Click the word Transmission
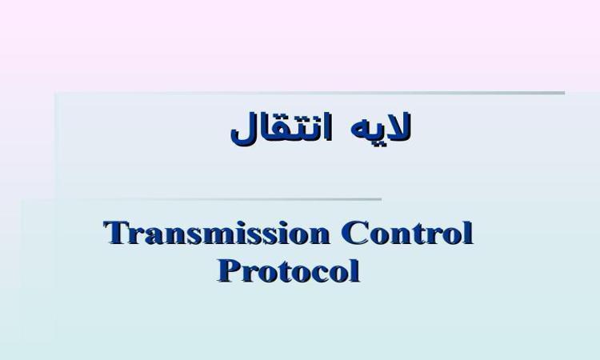216,232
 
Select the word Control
407,232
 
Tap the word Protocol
289,271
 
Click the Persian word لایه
381,126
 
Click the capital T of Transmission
115,232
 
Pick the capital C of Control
353,232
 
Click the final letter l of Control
468,232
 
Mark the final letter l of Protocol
355,270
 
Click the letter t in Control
416,234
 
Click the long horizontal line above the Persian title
310,93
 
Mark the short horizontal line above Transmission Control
230,199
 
